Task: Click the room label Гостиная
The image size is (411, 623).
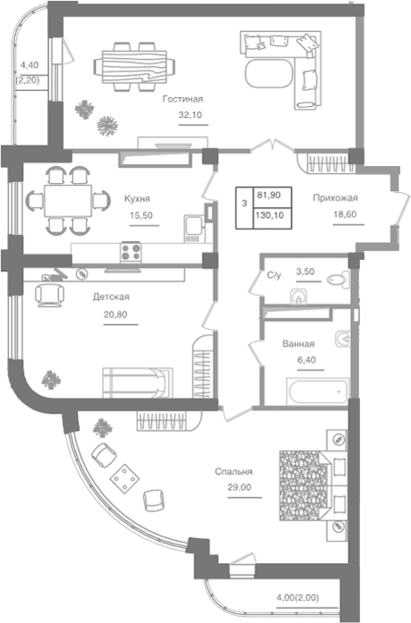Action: [x=182, y=99]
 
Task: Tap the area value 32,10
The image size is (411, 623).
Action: [x=190, y=115]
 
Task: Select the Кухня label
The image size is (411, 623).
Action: [x=138, y=198]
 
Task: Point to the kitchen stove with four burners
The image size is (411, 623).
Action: [x=131, y=252]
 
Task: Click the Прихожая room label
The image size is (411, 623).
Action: [x=335, y=197]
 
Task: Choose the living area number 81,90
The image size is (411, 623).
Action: [x=269, y=195]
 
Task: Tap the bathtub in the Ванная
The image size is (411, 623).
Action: [x=318, y=392]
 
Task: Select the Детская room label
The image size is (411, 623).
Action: [x=111, y=297]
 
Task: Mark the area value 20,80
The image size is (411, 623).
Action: [x=115, y=315]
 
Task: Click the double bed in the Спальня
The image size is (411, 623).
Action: [x=313, y=485]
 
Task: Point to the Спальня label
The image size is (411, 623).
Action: [x=233, y=471]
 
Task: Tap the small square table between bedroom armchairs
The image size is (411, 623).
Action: [x=124, y=478]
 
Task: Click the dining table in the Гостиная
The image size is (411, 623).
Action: [x=134, y=66]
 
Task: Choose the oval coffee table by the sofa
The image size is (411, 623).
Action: [x=269, y=74]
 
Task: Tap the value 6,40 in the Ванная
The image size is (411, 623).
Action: [x=306, y=360]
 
